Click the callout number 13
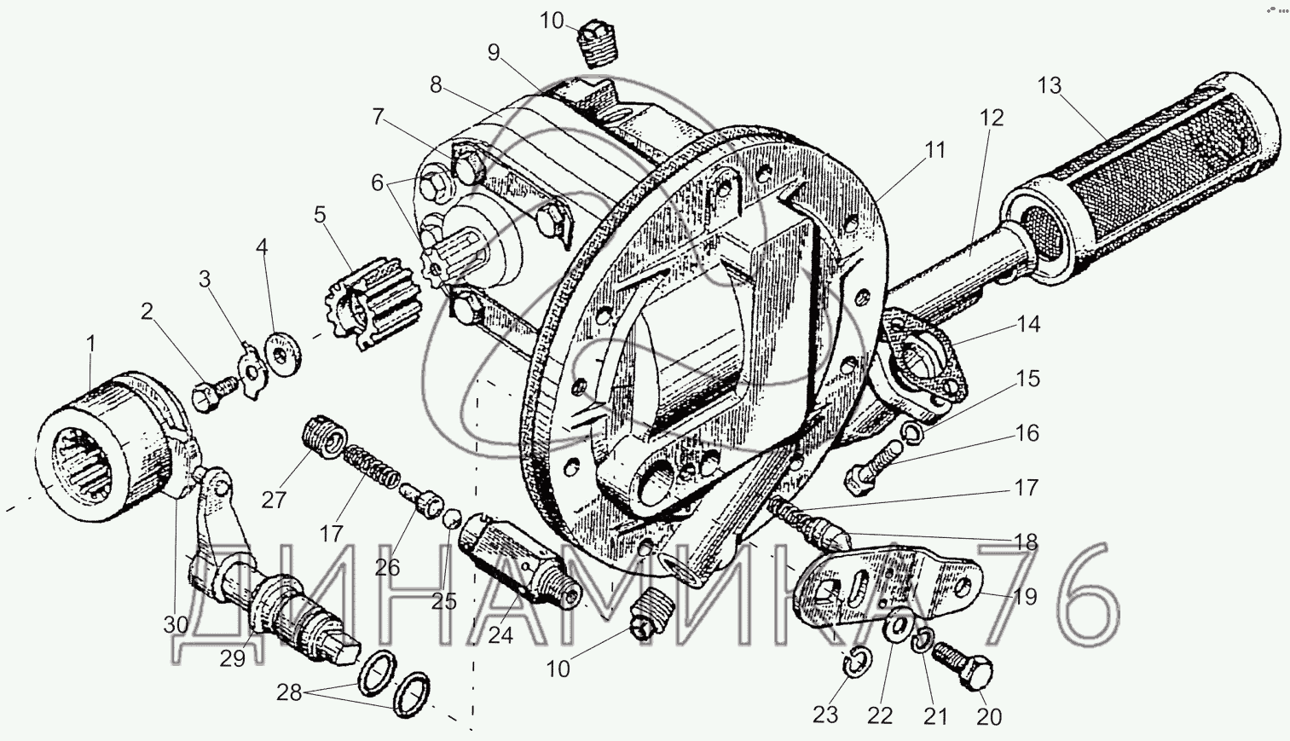point(1050,85)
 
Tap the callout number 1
point(91,344)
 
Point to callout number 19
point(1025,596)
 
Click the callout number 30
point(176,624)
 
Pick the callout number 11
point(935,150)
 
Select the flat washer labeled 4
point(280,350)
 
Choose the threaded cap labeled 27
point(321,434)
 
